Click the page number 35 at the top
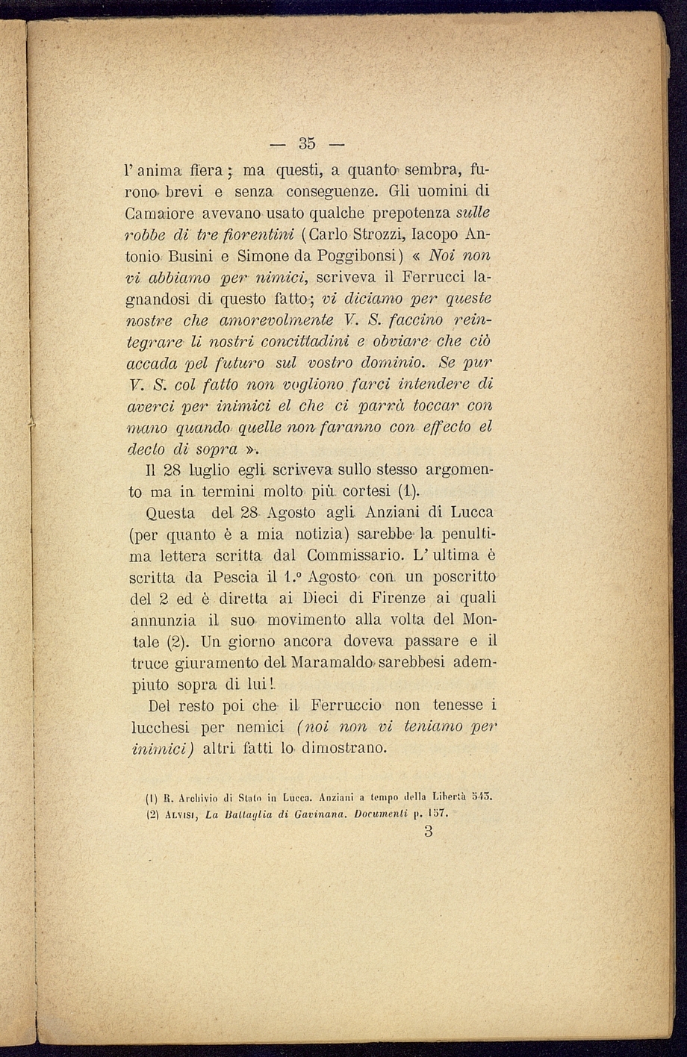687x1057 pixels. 307,143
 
